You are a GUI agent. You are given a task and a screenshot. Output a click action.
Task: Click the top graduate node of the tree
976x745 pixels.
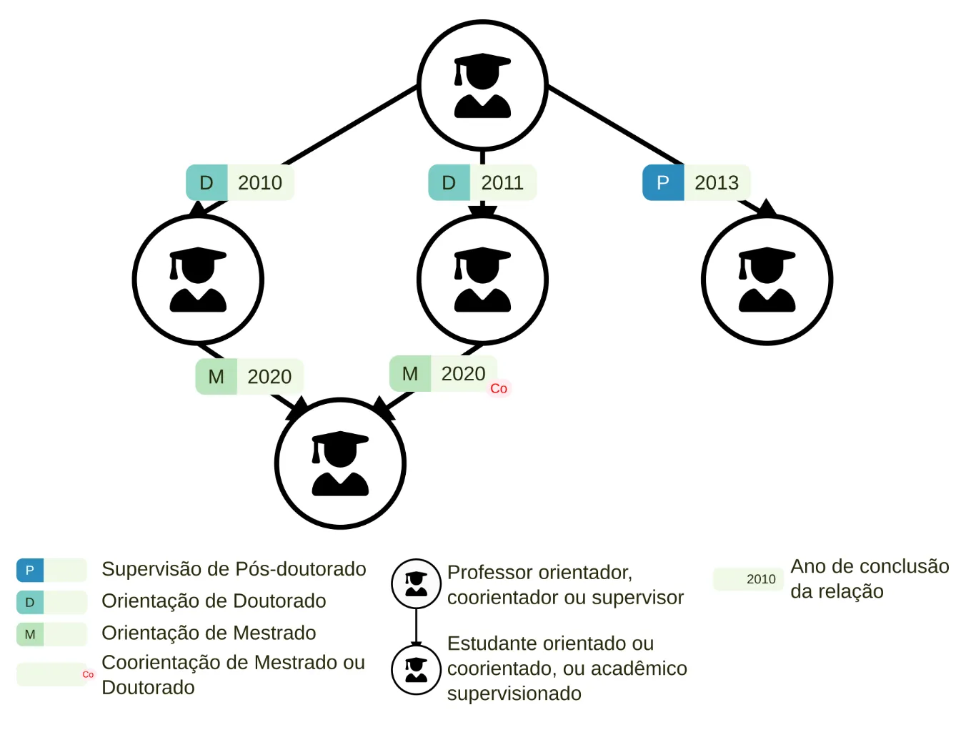482,86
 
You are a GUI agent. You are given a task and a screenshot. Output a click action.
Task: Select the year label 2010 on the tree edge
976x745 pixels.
260,183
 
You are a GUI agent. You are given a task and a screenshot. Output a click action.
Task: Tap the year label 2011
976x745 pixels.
502,183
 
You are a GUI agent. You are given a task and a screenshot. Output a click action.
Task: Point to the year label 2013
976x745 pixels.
717,183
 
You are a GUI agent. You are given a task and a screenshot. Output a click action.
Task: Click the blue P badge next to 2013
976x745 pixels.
663,183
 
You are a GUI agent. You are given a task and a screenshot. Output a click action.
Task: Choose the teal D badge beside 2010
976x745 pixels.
206,183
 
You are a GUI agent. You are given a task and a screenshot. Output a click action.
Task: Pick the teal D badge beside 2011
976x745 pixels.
449,183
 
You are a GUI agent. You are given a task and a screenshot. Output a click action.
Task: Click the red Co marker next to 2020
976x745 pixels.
499,388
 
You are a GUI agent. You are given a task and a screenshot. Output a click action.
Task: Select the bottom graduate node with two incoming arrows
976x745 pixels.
340,463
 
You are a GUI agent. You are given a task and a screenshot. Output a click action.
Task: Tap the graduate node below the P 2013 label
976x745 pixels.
767,280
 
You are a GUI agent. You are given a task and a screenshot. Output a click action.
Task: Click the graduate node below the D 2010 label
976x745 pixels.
198,280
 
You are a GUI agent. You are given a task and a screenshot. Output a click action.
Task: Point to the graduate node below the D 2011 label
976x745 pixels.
482,280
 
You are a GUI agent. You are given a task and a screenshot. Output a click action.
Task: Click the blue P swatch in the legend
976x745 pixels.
30,571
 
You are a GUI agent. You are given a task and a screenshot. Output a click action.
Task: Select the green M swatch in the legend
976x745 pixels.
30,634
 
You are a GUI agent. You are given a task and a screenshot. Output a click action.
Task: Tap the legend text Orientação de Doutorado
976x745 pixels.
214,601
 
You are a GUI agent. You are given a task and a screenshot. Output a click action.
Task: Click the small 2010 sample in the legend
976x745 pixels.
761,579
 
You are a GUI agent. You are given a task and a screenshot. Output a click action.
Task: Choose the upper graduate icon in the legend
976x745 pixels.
416,583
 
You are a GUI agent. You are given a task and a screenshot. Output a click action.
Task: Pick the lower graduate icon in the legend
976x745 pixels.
416,669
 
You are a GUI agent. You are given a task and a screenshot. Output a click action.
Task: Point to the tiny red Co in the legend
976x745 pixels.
88,674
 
